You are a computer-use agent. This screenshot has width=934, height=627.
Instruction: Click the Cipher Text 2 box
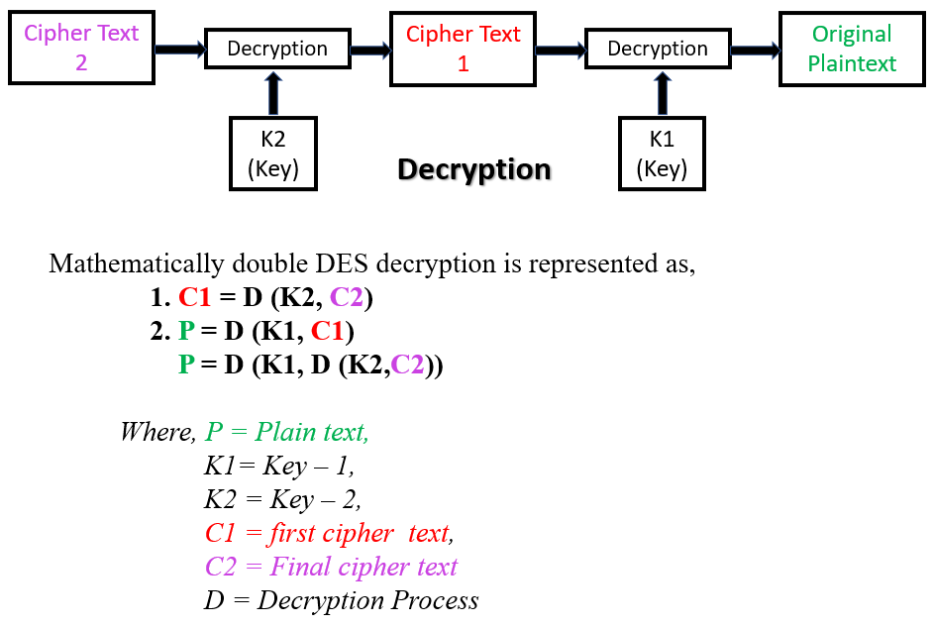81,48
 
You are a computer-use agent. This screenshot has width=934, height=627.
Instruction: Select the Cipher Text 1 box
463,49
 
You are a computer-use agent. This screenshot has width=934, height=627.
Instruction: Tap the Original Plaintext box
852,49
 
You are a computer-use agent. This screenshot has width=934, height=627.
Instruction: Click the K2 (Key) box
273,154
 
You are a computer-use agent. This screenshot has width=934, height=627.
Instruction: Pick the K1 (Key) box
662,154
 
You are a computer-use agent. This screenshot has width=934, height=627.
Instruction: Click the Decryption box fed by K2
277,49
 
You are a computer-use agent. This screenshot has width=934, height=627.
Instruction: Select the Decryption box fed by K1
658,49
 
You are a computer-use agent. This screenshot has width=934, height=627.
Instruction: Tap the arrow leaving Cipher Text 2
179,50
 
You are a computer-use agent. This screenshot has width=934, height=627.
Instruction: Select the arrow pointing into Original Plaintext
755,50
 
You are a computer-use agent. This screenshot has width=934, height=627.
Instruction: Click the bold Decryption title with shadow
473,170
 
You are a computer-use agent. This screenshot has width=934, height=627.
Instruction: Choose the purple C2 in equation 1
346,297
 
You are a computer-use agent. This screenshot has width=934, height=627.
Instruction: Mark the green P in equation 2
186,331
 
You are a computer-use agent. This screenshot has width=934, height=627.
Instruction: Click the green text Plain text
311,432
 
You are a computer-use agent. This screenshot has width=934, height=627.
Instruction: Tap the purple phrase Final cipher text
363,567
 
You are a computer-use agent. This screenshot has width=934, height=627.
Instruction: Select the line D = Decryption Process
342,600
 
